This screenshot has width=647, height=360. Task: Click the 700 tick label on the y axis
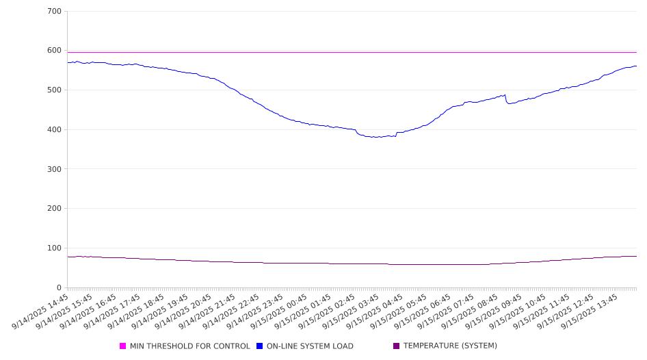(x=54, y=11)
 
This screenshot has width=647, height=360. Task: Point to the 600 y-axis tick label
(x=54, y=51)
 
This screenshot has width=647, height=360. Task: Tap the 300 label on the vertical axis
(x=54, y=169)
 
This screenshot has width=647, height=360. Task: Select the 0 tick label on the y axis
(x=59, y=287)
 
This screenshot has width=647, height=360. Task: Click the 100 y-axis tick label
(x=54, y=248)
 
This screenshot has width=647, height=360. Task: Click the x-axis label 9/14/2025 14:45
(x=40, y=311)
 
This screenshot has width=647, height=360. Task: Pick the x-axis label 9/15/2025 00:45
(x=279, y=311)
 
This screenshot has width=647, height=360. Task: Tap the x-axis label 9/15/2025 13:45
(x=590, y=311)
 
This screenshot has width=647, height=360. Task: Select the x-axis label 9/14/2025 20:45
(x=183, y=311)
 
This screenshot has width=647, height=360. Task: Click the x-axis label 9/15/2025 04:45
(x=375, y=311)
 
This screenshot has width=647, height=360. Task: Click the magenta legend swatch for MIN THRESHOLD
(x=122, y=346)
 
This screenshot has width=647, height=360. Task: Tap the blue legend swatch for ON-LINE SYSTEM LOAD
(x=259, y=346)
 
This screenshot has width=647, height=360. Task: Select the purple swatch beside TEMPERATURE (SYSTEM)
(x=396, y=346)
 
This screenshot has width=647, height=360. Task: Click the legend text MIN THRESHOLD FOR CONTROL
(x=190, y=346)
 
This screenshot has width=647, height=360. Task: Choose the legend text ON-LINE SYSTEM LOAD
(x=310, y=346)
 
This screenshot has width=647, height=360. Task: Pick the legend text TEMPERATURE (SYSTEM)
(x=450, y=346)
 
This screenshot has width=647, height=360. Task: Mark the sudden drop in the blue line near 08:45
(x=506, y=99)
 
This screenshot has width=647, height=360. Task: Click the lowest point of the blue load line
(x=375, y=137)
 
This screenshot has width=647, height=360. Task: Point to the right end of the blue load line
(x=636, y=66)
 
